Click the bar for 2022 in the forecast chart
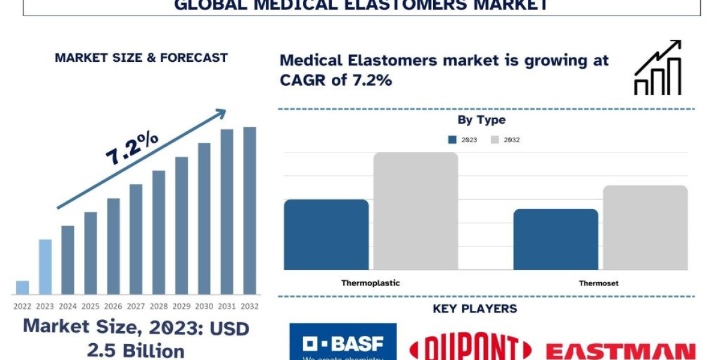coord(22,287)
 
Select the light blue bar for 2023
coord(45,267)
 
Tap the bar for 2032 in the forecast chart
coord(250,211)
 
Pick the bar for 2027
coord(136,239)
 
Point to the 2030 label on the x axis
coord(204,306)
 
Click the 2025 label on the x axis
coord(91,306)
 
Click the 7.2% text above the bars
coord(132,148)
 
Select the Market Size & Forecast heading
coord(141,58)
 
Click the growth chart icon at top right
coord(658,68)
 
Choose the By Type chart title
coord(481,120)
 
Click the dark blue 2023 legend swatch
coord(452,140)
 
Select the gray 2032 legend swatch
coord(494,140)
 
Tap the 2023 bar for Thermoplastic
coord(326,235)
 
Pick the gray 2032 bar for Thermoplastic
coord(416,211)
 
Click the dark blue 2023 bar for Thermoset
coord(556,239)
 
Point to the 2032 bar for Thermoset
coord(645,227)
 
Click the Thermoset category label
coord(598,283)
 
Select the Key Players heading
coord(475,309)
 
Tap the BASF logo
coord(343,343)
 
